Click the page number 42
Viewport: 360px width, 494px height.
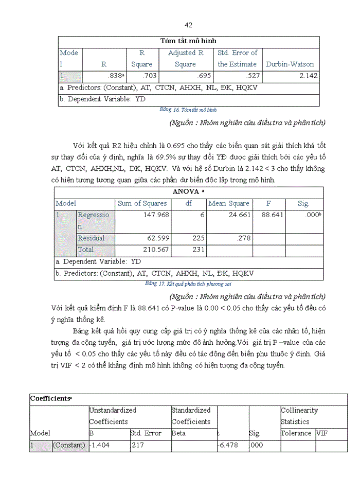click(x=188, y=25)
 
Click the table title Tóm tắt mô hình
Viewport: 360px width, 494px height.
click(x=188, y=41)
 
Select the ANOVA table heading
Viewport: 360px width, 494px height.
click(x=189, y=191)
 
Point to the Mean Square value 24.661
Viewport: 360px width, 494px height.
click(x=239, y=215)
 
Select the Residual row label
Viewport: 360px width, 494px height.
click(x=91, y=238)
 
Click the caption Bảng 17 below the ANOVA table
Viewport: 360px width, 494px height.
click(x=189, y=284)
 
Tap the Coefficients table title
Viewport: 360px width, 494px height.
click(x=50, y=398)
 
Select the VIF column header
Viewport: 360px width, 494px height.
click(x=321, y=433)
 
